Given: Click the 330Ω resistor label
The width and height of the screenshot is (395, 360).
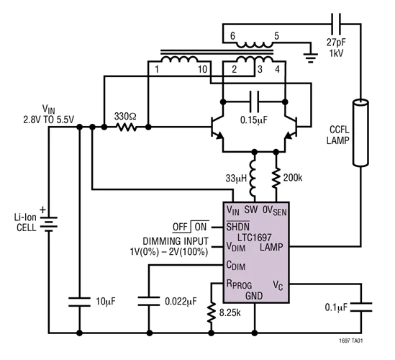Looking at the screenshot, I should (x=126, y=115).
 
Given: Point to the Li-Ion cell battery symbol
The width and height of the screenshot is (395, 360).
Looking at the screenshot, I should (x=50, y=225).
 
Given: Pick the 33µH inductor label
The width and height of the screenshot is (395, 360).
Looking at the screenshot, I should (x=233, y=178).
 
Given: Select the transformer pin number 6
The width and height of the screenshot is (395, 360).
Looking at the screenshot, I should (x=232, y=35).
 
